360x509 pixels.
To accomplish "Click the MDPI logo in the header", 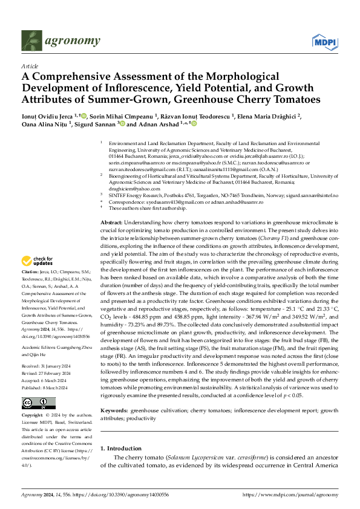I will [324, 41].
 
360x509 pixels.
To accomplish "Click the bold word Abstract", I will [111, 223].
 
